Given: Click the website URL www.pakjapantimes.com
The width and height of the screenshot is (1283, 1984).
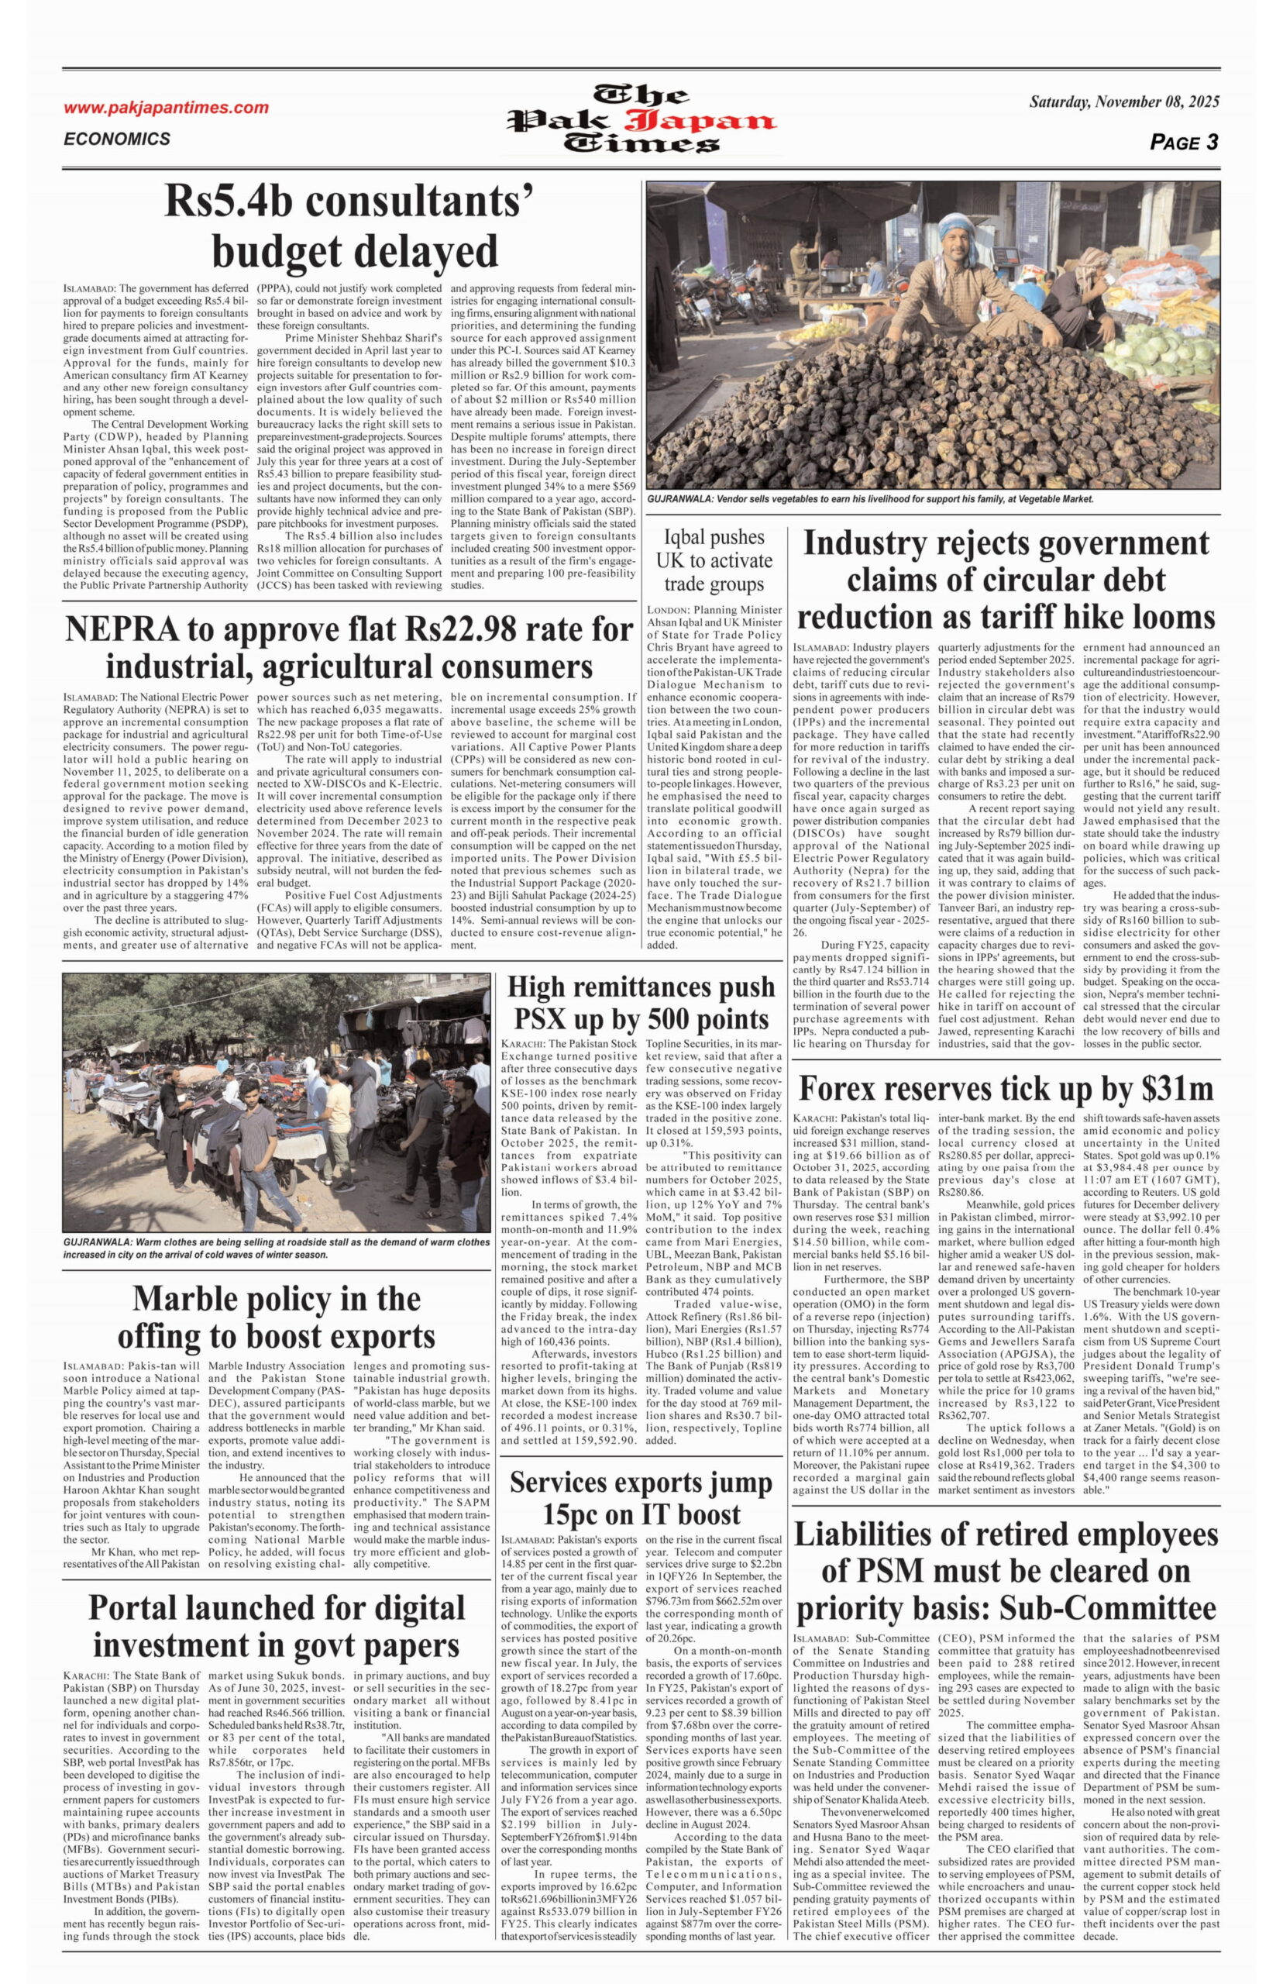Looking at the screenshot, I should [x=166, y=108].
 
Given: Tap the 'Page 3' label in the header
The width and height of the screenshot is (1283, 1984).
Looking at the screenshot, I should [x=1183, y=143].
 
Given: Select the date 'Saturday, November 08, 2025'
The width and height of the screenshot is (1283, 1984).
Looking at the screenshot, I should [x=1124, y=102].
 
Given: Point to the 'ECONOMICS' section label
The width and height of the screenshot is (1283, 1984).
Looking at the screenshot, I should [x=117, y=139].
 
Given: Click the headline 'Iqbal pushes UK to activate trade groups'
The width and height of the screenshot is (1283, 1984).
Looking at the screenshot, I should [x=714, y=560].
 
